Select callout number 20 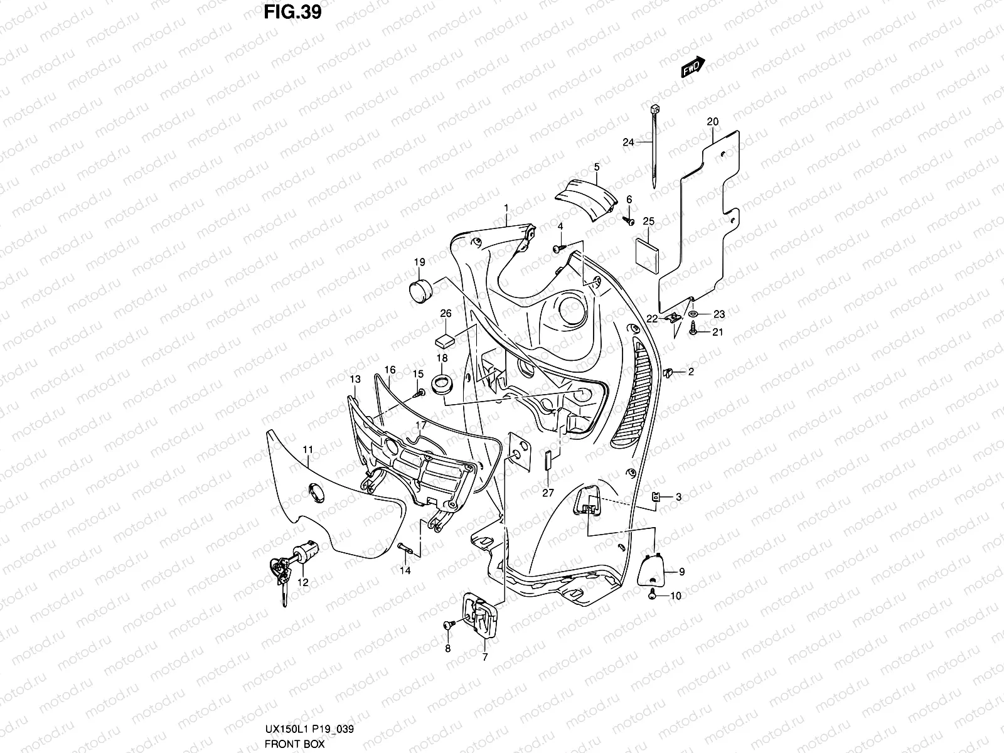(712, 121)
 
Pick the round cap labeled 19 (419, 292)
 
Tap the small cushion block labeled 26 (444, 339)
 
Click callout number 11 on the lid (307, 449)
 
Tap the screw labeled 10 (654, 594)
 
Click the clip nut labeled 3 (655, 498)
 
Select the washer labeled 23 (693, 314)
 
